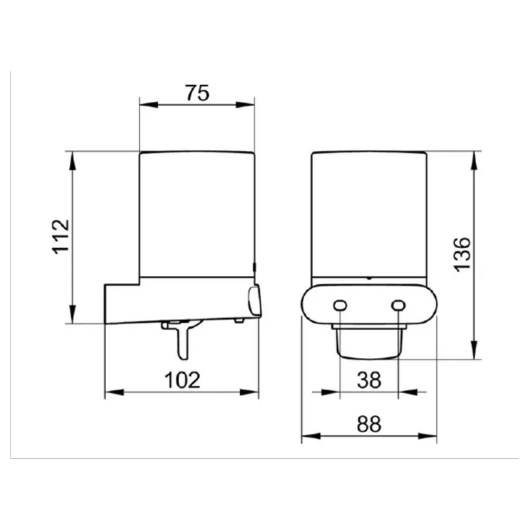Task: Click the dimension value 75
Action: (197, 93)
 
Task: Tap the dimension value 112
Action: (60, 236)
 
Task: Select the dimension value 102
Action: (182, 379)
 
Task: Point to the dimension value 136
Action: (462, 255)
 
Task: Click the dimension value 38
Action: (369, 380)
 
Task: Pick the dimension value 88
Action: (369, 424)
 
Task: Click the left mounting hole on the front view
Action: (340, 305)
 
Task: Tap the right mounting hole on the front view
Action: (398, 305)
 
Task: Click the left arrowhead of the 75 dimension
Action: (149, 105)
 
